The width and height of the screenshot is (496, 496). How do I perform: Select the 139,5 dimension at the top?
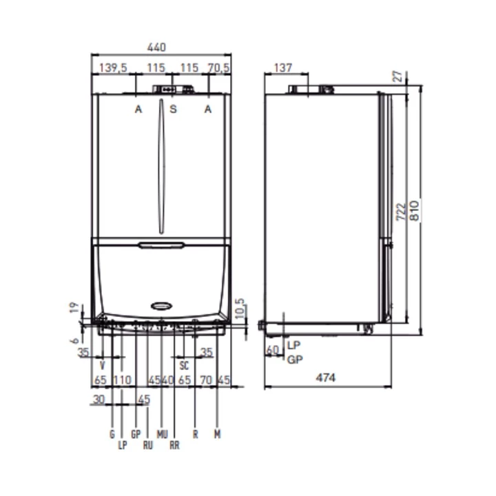114,68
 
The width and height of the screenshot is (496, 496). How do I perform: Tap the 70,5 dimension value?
218,68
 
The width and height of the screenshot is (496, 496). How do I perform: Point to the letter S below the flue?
173,110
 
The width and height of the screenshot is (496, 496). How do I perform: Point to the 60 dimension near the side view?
272,351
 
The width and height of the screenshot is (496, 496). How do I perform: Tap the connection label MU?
162,434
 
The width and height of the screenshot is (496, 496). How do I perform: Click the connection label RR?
175,446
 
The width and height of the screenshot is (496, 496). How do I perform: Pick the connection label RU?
147,446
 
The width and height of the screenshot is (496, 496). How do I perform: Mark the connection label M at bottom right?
217,434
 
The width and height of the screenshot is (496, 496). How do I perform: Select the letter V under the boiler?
103,364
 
